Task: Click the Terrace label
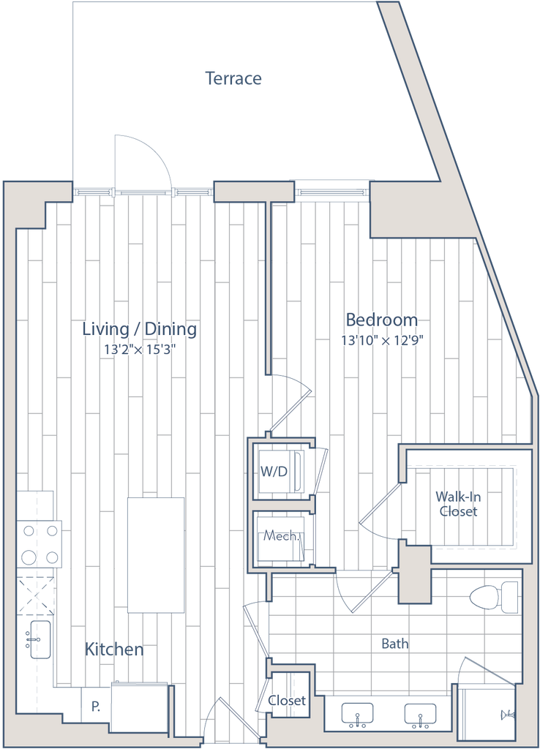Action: (234, 78)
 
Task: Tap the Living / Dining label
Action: (139, 329)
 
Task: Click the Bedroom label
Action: (382, 320)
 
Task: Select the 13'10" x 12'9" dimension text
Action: (382, 339)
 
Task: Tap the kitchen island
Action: (155, 554)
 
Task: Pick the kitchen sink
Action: (39, 637)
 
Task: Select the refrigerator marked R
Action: (95, 706)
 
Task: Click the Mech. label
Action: (280, 537)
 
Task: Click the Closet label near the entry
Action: (286, 700)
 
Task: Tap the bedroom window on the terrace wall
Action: (331, 192)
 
